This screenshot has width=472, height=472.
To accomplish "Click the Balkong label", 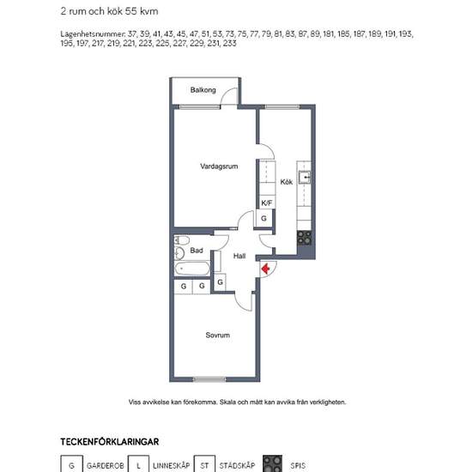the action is tap(203, 90).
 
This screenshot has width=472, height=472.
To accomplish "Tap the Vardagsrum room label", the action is tap(219, 166).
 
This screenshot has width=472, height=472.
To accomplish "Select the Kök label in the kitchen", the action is tap(287, 182).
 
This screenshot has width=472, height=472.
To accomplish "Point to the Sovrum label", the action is tap(218, 335).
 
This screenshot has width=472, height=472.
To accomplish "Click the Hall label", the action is tap(239, 256).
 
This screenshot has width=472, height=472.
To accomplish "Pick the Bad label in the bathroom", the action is tap(197, 251).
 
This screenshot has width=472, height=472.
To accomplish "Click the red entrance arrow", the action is tap(265, 269).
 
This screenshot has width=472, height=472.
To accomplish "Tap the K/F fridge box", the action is tap(266, 203).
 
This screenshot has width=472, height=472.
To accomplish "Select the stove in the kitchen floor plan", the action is tap(304, 238).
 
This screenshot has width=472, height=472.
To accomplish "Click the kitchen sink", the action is tap(305, 177).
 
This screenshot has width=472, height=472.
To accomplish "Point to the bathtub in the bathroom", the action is tap(192, 269).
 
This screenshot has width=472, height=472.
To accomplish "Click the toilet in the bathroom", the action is tap(182, 240).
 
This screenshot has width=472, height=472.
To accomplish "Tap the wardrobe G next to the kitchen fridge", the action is tap(263, 218).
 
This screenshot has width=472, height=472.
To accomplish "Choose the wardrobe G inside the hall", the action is tap(220, 282).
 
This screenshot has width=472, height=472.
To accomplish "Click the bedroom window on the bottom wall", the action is tap(209, 379).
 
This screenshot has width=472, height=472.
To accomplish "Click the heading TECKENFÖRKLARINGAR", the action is tap(110, 442).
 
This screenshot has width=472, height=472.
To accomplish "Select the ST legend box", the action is tap(204, 464).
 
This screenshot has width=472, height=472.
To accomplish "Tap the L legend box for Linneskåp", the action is tap(138, 464).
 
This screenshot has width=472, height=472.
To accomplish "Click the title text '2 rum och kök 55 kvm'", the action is tap(109, 11).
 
